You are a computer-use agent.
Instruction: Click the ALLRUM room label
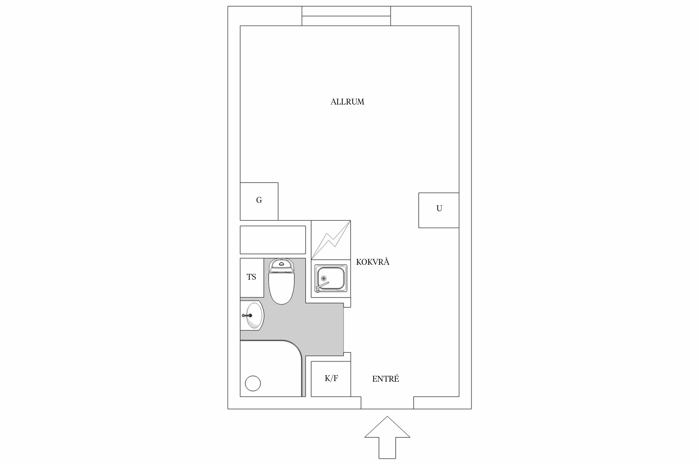pos(347,102)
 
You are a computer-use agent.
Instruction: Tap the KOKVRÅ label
pos(372,262)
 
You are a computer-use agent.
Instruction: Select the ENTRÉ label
pos(385,379)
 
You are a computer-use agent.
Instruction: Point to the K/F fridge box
pos(331,379)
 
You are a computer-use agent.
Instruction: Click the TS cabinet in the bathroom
pos(252,277)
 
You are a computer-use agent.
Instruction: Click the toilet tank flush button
pos(282,264)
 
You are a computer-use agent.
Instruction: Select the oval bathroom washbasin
pos(254,316)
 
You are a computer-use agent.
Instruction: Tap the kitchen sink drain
pos(324,278)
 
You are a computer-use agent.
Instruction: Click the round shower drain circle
pos(253,383)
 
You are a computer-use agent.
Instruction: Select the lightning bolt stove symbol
pos(331,240)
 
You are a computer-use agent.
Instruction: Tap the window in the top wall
pos(346,16)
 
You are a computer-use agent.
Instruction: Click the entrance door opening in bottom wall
pos(387,403)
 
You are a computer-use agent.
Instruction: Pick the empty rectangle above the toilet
pos(273,240)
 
